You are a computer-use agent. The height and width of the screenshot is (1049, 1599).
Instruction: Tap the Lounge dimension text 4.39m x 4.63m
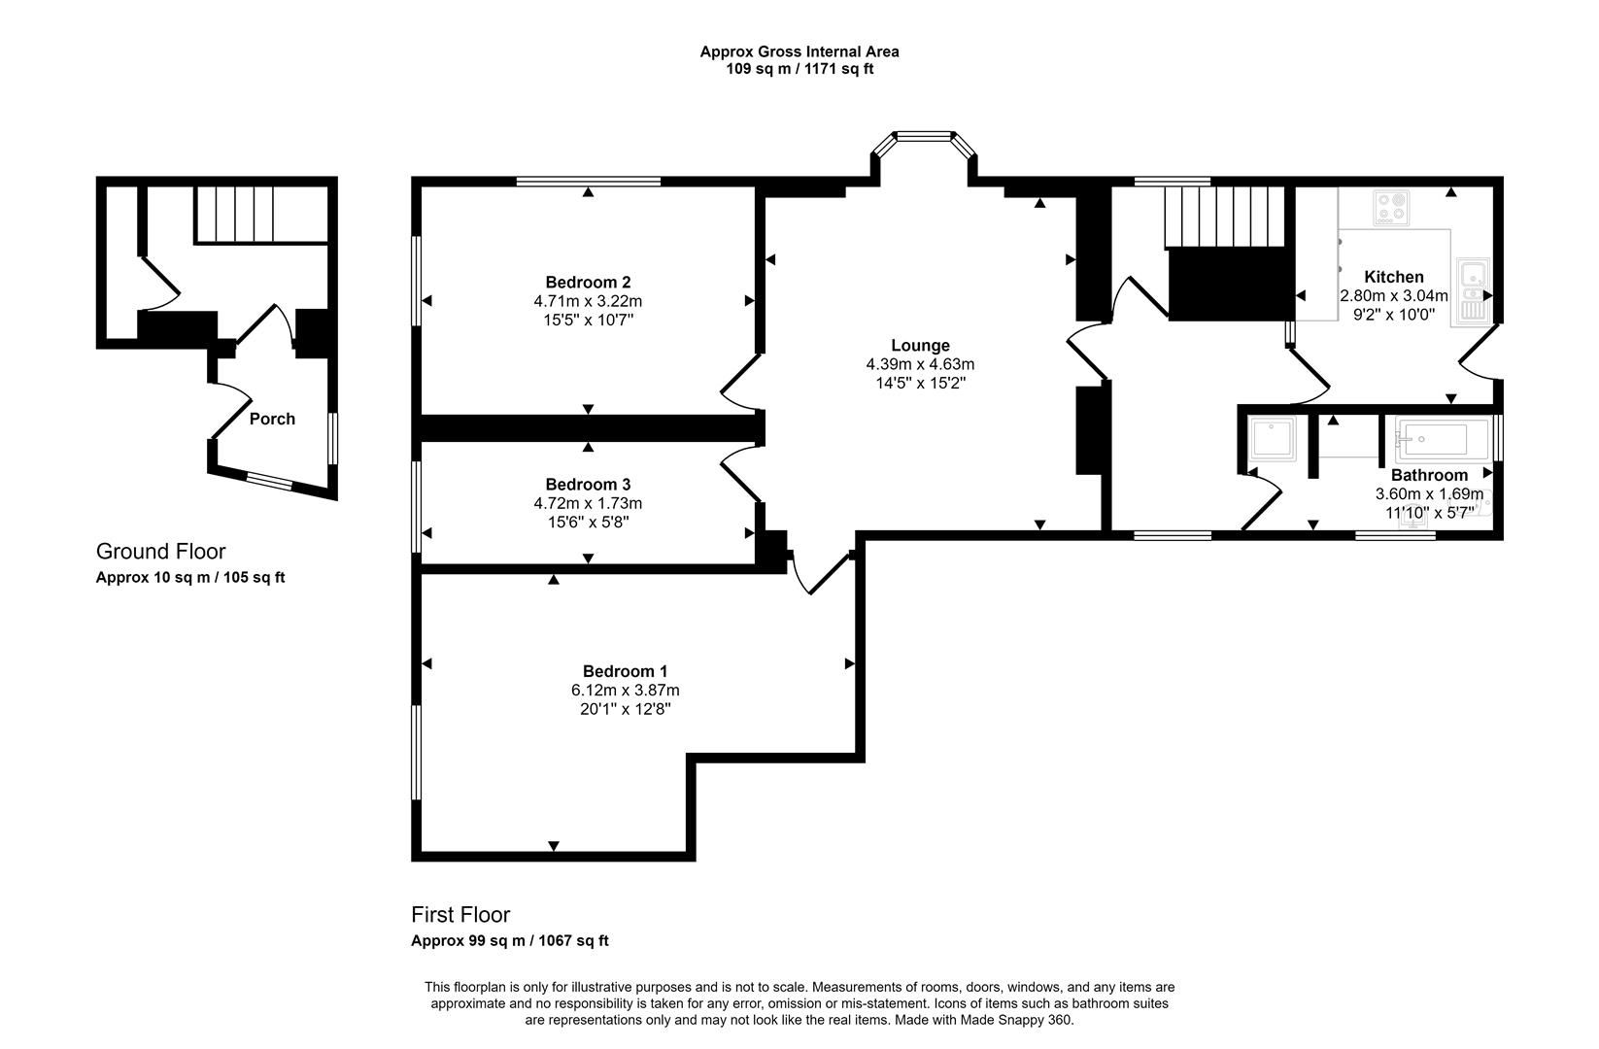point(920,364)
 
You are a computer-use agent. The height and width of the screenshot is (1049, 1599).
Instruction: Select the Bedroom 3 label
point(588,485)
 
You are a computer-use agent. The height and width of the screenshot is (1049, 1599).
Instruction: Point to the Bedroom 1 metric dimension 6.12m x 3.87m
point(625,691)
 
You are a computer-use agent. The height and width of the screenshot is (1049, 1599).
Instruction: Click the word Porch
point(272,420)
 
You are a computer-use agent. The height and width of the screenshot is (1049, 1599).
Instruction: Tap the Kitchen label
point(1393,277)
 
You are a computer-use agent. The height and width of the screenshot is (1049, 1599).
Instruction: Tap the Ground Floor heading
point(160,552)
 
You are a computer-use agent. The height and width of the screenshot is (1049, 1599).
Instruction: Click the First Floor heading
point(460,915)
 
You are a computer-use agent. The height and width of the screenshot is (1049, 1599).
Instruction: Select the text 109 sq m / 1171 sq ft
point(799,69)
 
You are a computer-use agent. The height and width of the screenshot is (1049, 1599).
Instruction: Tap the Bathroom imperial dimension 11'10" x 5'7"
point(1428,512)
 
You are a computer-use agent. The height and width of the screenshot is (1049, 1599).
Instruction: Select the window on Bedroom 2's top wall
point(589,181)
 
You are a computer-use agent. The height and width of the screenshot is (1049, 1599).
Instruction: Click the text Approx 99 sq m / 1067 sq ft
point(509,941)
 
